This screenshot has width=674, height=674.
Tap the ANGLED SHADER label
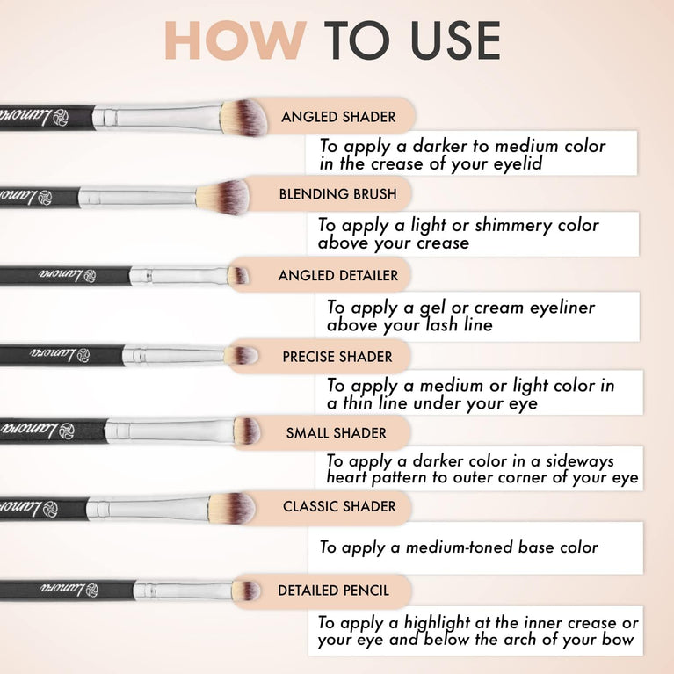[338, 117]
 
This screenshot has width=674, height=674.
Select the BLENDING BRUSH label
[337, 194]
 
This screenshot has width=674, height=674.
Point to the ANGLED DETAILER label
[337, 276]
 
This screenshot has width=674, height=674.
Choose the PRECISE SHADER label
[337, 357]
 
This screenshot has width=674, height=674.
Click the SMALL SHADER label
[336, 433]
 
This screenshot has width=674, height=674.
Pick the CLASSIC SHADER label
[339, 507]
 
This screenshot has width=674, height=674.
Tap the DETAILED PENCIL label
[333, 591]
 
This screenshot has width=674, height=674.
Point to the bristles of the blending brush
[230, 194]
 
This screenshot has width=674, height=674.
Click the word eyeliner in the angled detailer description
[553, 308]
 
